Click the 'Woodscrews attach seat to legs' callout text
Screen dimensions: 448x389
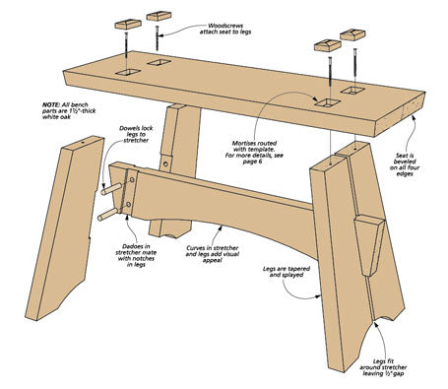[225, 29]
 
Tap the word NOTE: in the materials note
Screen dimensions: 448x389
[51, 104]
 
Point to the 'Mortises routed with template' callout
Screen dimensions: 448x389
[254, 153]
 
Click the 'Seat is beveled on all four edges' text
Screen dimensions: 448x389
[405, 164]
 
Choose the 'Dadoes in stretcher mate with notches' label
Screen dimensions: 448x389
[136, 255]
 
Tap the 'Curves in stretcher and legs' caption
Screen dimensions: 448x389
[213, 254]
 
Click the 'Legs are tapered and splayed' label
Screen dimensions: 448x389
[287, 272]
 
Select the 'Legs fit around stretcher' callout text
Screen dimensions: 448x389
[383, 367]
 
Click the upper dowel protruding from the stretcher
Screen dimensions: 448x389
[112, 189]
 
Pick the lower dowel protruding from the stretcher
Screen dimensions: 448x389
[107, 215]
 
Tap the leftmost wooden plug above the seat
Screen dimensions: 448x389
[128, 25]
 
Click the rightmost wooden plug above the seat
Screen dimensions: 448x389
[352, 34]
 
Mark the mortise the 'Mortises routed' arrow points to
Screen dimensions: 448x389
[327, 102]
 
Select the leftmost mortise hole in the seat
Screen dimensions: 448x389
[128, 72]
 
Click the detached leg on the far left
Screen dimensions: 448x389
[65, 227]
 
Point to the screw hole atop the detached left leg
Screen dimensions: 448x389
[83, 143]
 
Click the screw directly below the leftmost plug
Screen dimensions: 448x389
[126, 48]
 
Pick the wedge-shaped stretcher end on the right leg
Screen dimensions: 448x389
[369, 245]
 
